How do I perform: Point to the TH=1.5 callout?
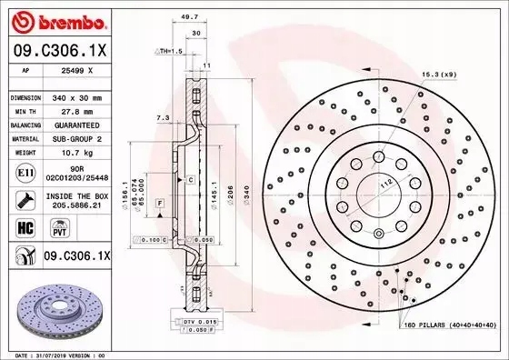coord(170,52)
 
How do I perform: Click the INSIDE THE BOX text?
coord(85,195)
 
